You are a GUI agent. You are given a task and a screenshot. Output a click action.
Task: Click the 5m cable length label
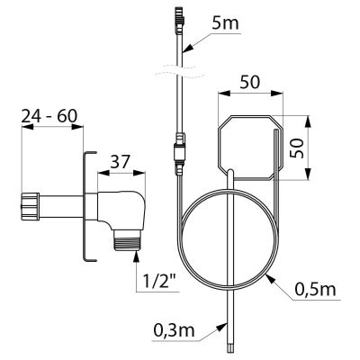click(225, 24)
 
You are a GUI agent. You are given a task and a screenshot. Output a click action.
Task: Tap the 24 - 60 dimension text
click(49, 116)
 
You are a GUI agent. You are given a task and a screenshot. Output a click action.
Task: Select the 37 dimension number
click(120, 162)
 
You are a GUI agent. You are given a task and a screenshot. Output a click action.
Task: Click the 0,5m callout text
click(315, 290)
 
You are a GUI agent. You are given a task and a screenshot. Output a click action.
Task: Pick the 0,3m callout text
click(174, 330)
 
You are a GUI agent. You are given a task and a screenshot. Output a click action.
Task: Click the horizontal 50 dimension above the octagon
click(250, 83)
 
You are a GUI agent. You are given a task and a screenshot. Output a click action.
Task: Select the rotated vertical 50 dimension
click(298, 148)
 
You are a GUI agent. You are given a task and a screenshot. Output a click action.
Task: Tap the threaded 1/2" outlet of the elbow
click(128, 239)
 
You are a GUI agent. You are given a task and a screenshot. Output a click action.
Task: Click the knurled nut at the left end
click(31, 206)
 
